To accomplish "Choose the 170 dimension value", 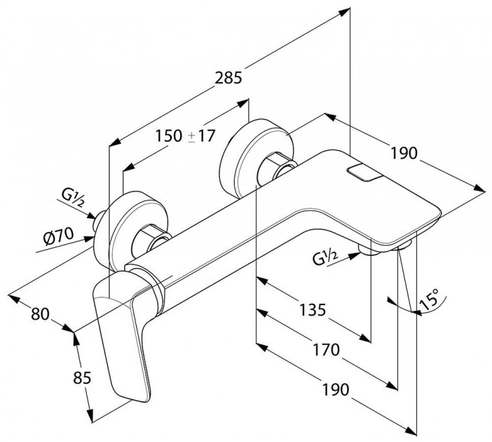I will pyautogui.click(x=327, y=349).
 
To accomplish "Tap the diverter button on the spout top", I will pyautogui.click(x=363, y=173).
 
